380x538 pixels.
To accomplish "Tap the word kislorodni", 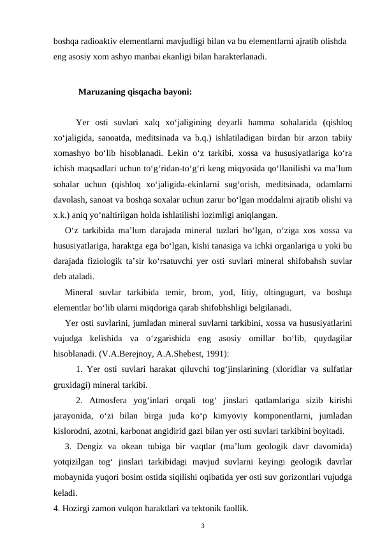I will coord(73,430).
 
